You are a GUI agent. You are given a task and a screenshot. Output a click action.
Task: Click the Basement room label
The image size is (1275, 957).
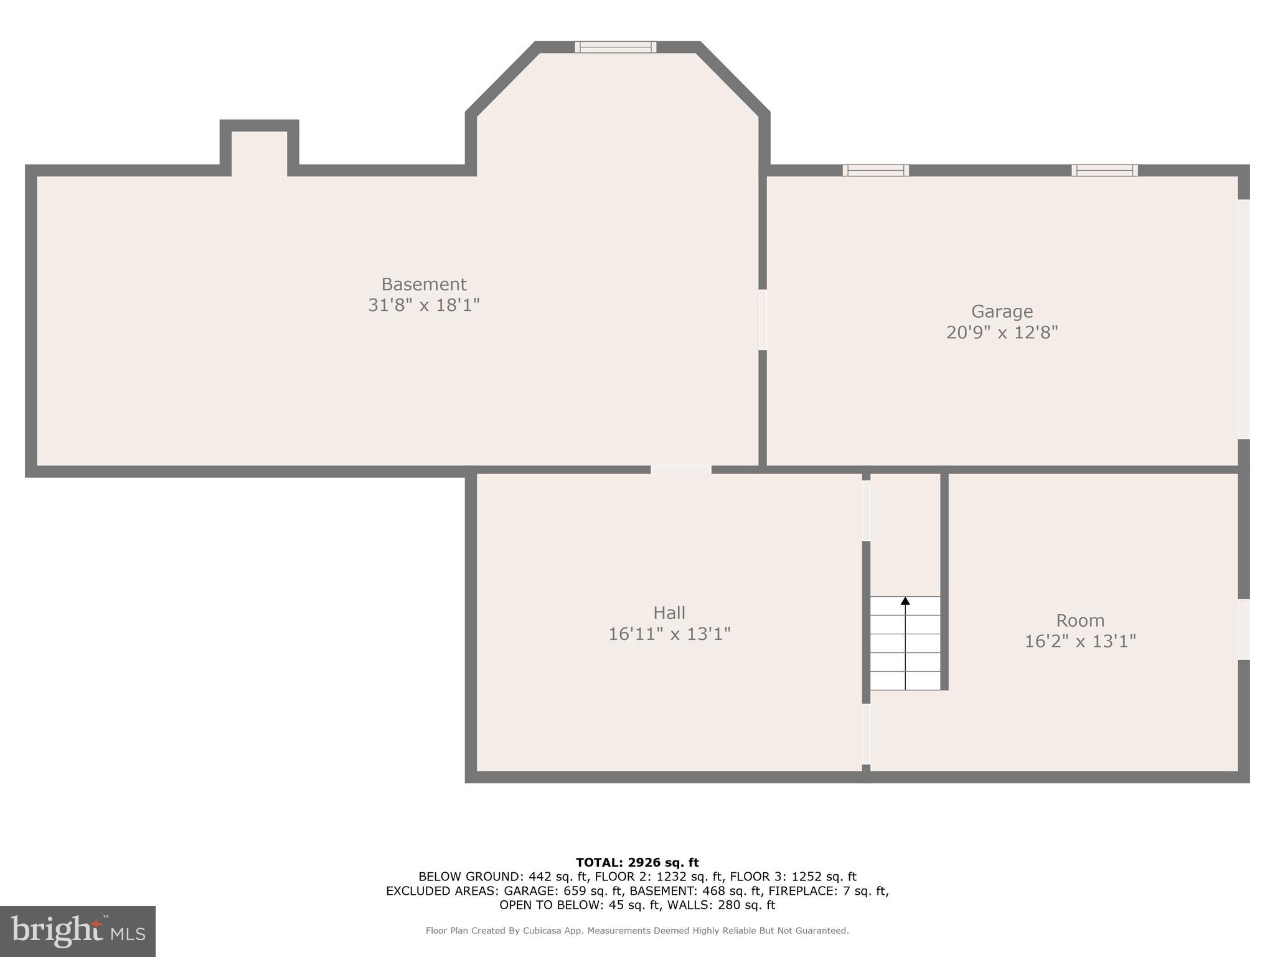pyautogui.click(x=423, y=285)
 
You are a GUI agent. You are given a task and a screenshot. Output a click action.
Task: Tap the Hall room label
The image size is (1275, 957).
pyautogui.click(x=669, y=612)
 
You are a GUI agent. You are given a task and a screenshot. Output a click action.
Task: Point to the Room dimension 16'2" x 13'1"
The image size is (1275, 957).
pyautogui.click(x=1080, y=641)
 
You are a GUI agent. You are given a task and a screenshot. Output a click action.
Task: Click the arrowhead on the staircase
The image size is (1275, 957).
pyautogui.click(x=905, y=601)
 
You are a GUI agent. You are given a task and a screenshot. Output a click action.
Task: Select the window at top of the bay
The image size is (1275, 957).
pyautogui.click(x=615, y=47)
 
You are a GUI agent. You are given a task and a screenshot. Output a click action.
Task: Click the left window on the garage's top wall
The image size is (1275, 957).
pyautogui.click(x=875, y=170)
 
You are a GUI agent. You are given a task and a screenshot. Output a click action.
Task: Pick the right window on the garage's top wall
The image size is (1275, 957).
pyautogui.click(x=1104, y=170)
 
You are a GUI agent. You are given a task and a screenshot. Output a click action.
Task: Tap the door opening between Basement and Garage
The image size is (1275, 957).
pyautogui.click(x=762, y=320)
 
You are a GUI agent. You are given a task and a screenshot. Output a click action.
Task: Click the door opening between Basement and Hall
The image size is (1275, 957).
pyautogui.click(x=681, y=470)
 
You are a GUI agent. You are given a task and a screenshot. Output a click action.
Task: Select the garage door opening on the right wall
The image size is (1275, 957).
pyautogui.click(x=1243, y=319)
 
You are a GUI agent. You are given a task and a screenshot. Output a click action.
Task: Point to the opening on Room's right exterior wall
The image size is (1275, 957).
pyautogui.click(x=1243, y=629)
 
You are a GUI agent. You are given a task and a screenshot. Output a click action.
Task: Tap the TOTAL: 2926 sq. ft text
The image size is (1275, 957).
pyautogui.click(x=637, y=863)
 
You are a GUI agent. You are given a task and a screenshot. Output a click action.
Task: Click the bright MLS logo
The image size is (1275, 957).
pyautogui.click(x=78, y=931)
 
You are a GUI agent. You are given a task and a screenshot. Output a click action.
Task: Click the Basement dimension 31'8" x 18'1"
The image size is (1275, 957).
pyautogui.click(x=423, y=305)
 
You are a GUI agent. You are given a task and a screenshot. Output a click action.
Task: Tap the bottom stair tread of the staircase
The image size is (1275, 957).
pyautogui.click(x=905, y=680)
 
